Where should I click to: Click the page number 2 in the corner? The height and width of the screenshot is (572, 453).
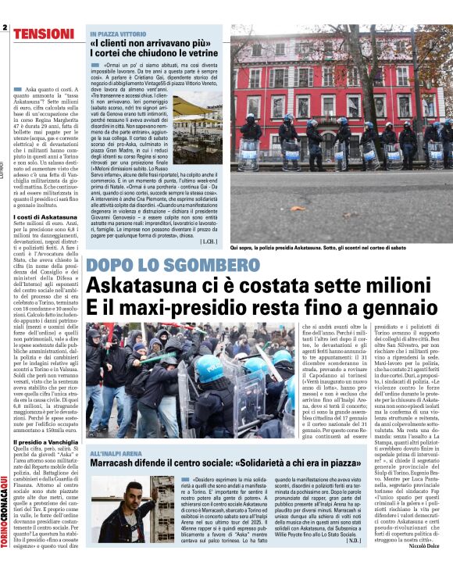coord(5,27)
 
